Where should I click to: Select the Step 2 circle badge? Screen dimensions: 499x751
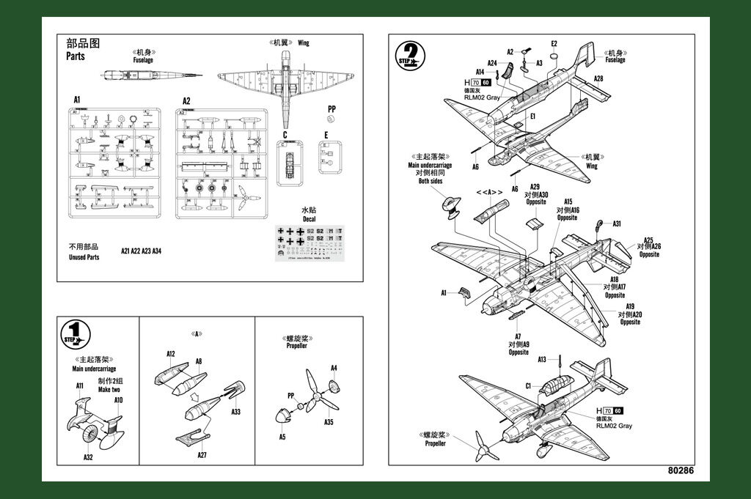click(x=411, y=55)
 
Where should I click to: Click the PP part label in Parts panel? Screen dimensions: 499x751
click(x=331, y=108)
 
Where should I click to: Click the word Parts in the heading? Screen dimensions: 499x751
click(x=76, y=56)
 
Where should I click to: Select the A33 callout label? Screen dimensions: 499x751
click(x=235, y=412)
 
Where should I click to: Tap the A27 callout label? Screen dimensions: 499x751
click(x=202, y=455)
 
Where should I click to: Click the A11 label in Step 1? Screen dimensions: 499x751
click(x=79, y=385)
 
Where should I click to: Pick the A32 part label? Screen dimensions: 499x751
click(x=88, y=457)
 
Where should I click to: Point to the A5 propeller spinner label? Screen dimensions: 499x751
click(x=282, y=437)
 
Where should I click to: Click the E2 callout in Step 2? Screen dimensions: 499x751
click(x=554, y=44)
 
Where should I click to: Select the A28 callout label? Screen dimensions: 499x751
click(x=598, y=78)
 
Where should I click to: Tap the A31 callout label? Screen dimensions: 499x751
click(x=617, y=223)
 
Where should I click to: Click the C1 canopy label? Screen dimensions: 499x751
click(x=528, y=385)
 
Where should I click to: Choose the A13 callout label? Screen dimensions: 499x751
click(x=542, y=359)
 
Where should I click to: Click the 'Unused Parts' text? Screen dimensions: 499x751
click(x=84, y=257)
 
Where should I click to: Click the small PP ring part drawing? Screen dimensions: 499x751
click(x=331, y=119)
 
